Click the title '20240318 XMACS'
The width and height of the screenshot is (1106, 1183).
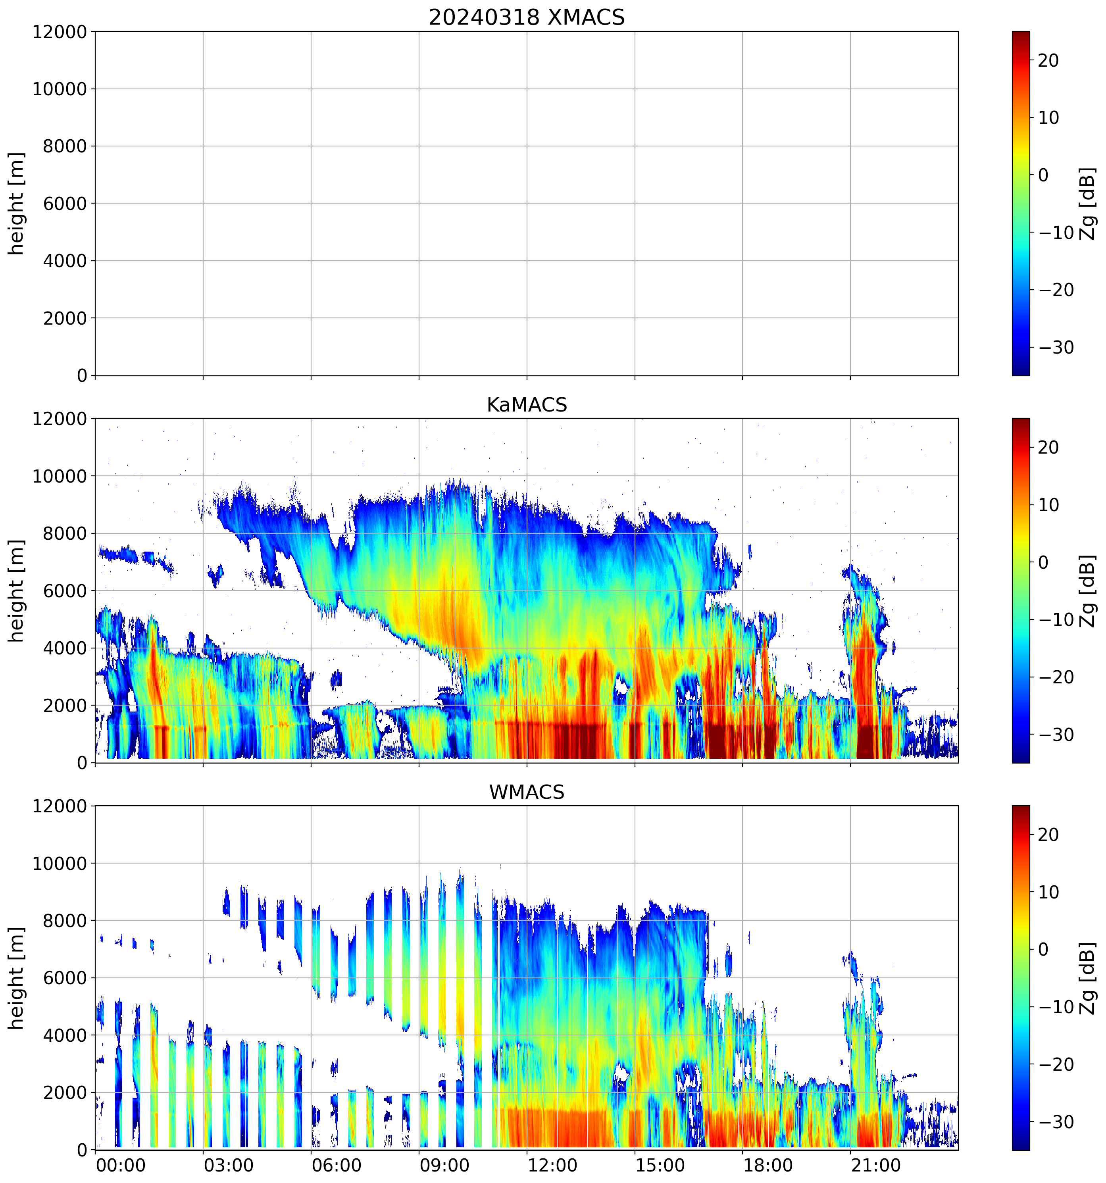click(x=527, y=17)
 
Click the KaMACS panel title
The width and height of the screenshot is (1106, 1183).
click(x=527, y=405)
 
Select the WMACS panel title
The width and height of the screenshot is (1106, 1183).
click(x=527, y=792)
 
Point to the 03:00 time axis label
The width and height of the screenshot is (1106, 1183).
click(x=229, y=1165)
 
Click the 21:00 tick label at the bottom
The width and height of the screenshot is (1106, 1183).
click(x=876, y=1165)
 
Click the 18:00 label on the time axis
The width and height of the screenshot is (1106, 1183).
click(x=767, y=1165)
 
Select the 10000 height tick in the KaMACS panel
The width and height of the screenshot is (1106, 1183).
click(x=60, y=476)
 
